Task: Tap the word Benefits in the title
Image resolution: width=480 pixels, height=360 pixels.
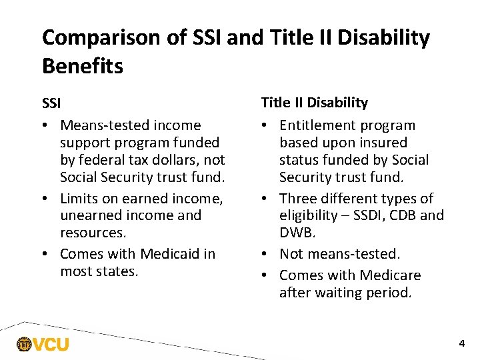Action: (x=83, y=66)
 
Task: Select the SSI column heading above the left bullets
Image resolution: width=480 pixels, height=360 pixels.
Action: (x=51, y=104)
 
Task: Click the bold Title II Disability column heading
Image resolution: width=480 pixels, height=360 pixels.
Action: (x=314, y=103)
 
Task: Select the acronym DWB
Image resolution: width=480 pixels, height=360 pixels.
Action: (x=296, y=233)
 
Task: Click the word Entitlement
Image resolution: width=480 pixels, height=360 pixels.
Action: (x=321, y=125)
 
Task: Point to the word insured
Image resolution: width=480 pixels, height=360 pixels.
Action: (x=383, y=143)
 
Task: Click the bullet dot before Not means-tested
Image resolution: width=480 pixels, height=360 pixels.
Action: (x=266, y=255)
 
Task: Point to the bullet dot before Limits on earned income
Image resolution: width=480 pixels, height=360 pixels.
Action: (x=47, y=199)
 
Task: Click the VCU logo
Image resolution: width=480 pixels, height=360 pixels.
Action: (x=43, y=345)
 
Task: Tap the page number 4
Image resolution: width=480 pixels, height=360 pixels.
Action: (x=461, y=344)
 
